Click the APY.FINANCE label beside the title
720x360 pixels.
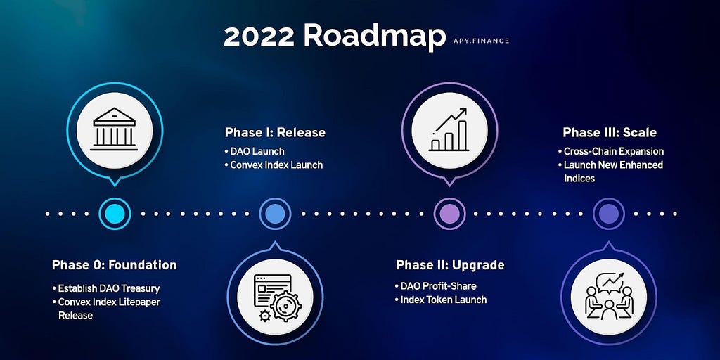coord(480,41)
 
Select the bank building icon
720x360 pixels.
coord(115,129)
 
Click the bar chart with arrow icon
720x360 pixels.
coord(449,130)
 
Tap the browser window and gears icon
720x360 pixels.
coord(275,297)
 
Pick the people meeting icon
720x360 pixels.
coord(609,297)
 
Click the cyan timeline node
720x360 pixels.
coord(115,214)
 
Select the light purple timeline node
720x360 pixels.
coord(449,214)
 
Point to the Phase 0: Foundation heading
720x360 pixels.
coord(115,265)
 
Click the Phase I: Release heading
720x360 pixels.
coord(275,133)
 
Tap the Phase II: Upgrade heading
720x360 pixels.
coord(450,265)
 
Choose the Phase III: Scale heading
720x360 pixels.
coord(610,133)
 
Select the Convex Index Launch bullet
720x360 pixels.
coord(274,165)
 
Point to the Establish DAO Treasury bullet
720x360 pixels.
coord(106,289)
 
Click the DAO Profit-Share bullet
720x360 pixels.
coord(436,286)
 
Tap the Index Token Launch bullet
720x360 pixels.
coord(441,300)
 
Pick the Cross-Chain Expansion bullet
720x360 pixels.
coord(611,151)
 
